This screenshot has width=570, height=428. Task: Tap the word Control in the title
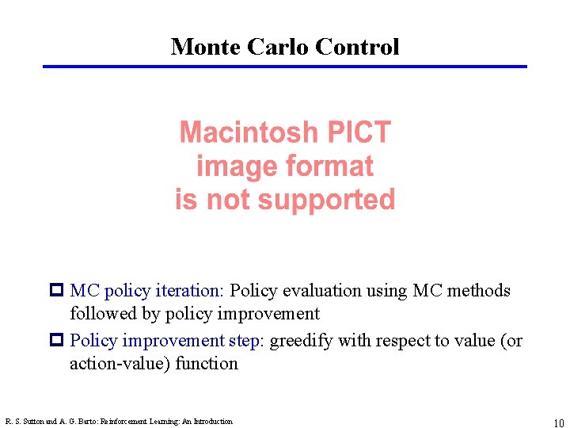357,47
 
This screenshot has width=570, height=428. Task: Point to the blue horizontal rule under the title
285,67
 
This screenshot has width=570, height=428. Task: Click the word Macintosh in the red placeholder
248,132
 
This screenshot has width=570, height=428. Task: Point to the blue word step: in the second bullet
248,341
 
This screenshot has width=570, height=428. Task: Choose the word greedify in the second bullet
302,341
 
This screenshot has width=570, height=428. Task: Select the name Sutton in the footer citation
31,422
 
